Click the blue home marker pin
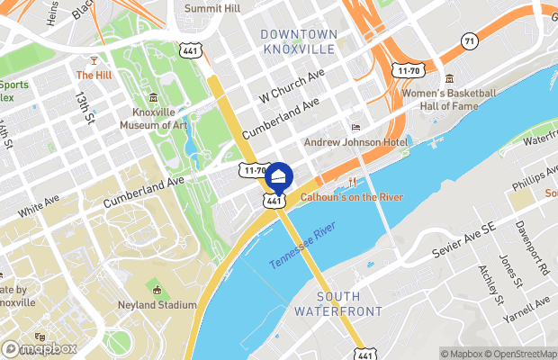click(x=279, y=176)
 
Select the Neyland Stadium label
click(x=157, y=305)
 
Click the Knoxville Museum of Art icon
click(x=154, y=97)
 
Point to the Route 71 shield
click(x=468, y=41)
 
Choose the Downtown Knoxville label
click(x=299, y=41)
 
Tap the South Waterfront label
click(x=338, y=303)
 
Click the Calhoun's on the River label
click(x=351, y=196)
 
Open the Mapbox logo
click(x=39, y=348)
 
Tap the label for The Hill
click(x=92, y=76)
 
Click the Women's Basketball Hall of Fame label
click(x=451, y=99)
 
